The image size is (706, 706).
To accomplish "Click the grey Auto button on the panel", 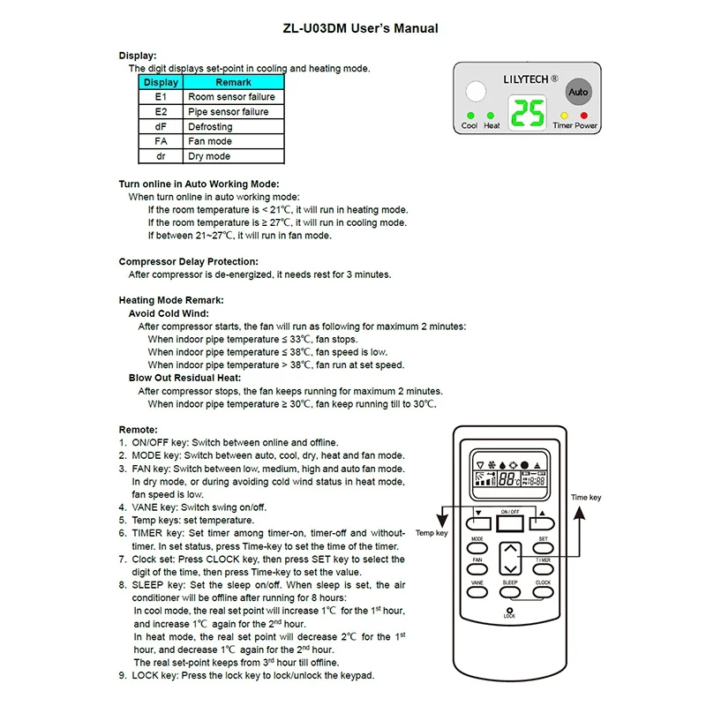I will pos(578,92).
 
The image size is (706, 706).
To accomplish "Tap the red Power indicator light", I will pos(583,115).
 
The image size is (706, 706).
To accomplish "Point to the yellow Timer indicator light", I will pos(564,115).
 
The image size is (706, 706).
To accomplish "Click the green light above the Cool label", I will pos(469,115).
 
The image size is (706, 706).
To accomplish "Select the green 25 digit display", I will pos(528,112).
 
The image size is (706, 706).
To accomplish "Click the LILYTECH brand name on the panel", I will pos(527,78).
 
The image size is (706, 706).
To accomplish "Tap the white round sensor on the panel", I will pos(477,93).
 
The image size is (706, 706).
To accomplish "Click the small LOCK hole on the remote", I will pos(510,608).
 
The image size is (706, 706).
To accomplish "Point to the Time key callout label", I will pos(586,499).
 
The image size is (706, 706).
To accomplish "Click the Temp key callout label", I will pos(432,534).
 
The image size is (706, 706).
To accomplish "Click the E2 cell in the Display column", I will pos(161,112).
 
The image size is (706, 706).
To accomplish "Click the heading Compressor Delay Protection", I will pos(189,262).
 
